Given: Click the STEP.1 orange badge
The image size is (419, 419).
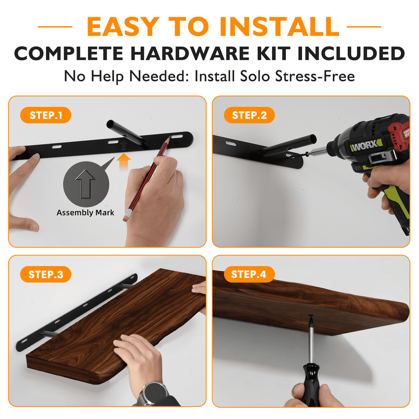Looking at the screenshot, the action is click(46, 115).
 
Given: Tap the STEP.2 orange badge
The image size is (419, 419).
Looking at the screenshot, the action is click(249, 115).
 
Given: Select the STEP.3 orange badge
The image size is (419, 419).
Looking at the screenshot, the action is click(46, 275).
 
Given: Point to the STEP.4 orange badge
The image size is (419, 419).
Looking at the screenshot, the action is click(249, 275).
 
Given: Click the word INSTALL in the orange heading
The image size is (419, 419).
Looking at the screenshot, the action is click(279, 27).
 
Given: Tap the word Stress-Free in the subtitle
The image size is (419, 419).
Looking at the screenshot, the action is click(315, 76).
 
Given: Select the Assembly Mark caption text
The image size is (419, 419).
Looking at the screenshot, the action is click(85, 213).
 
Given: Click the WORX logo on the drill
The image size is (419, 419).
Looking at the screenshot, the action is click(365, 145).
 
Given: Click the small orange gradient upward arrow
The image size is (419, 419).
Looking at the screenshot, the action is click(124, 162).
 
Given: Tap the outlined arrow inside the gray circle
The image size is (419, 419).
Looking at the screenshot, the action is click(85, 184).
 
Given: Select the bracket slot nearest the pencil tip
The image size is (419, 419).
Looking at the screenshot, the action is click(177, 137).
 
